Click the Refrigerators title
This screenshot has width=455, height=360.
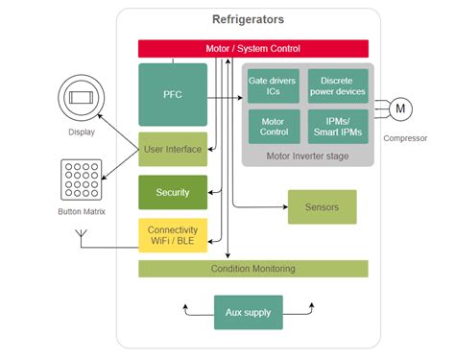coord(248,19)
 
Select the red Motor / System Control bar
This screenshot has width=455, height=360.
coord(252,48)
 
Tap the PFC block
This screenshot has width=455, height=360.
coord(173,94)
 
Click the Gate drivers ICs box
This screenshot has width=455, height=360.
coord(273,85)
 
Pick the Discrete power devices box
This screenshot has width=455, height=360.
coord(337,85)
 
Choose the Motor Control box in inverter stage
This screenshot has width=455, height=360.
coord(273,126)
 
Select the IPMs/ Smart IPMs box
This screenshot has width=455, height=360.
coord(337,126)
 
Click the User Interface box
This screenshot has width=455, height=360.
coord(173,149)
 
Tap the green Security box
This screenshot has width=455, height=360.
coord(173,192)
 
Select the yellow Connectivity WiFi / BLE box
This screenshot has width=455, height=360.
coord(173,236)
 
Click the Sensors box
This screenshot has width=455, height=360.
coord(322,206)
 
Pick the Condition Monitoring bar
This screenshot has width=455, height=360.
coord(252,268)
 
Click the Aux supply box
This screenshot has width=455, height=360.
coord(248,312)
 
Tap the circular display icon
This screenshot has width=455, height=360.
coord(81,100)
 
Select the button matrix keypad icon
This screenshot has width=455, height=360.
coord(82,180)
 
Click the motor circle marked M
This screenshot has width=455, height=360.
coord(400,109)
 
